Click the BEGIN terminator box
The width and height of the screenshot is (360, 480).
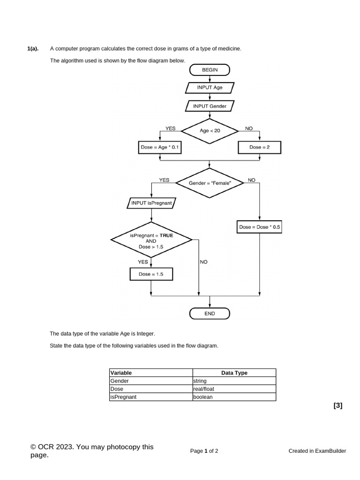tap(210, 70)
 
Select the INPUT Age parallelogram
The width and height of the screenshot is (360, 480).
tap(210, 88)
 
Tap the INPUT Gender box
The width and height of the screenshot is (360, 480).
tap(210, 106)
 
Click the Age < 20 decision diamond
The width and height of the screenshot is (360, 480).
tap(210, 130)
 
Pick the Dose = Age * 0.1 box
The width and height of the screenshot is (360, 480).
tap(160, 147)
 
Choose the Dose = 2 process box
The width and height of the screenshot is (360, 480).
tap(259, 147)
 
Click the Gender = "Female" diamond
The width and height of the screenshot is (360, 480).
tap(210, 183)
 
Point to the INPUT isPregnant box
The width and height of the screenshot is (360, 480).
tap(151, 203)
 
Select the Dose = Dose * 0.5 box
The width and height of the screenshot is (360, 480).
tap(259, 227)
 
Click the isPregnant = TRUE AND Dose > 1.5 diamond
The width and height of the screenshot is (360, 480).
tap(151, 240)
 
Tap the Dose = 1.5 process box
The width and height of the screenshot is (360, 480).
tap(151, 274)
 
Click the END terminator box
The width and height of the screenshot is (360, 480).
tap(210, 314)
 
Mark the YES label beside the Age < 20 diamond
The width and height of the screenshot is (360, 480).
tap(171, 128)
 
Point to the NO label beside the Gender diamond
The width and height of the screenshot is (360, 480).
tap(252, 180)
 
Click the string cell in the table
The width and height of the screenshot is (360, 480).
tap(234, 381)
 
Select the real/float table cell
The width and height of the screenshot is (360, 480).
tap(234, 389)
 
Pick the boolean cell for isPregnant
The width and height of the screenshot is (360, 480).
tap(234, 397)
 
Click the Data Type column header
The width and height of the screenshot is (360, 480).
tap(234, 373)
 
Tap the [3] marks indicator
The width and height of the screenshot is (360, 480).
tap(337, 406)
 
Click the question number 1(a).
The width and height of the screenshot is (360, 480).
tap(33, 48)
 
